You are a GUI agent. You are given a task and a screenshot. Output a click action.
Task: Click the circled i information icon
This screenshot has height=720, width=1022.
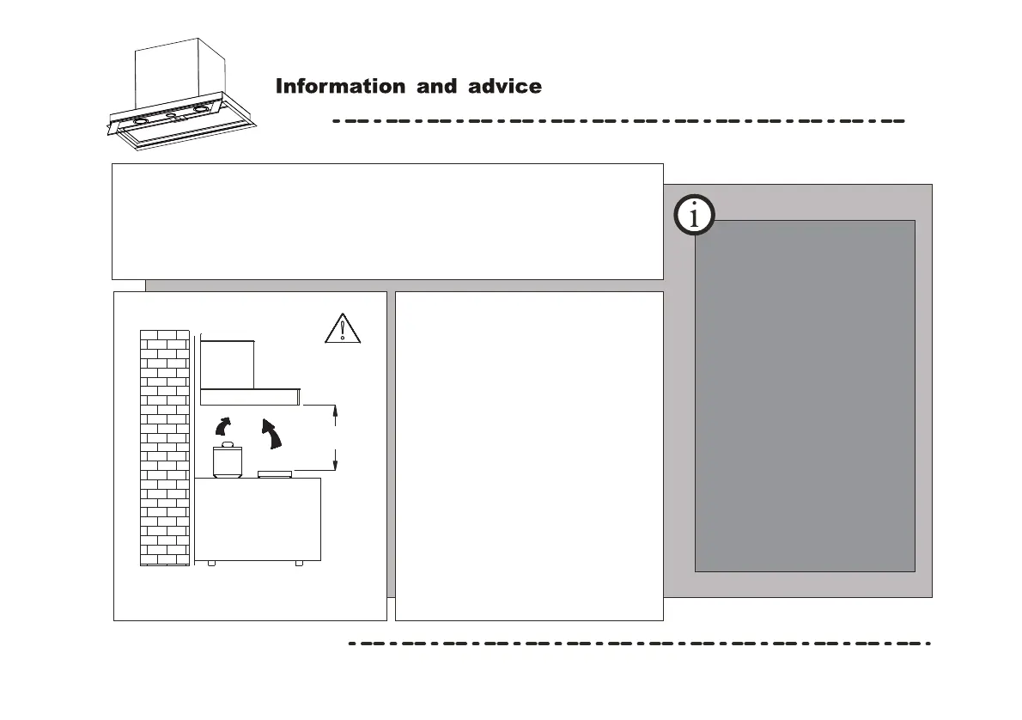[x=694, y=217]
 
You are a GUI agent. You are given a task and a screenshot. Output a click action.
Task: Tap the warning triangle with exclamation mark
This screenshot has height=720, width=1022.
[x=343, y=329]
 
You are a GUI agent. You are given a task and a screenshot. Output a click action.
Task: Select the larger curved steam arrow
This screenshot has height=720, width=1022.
[x=273, y=434]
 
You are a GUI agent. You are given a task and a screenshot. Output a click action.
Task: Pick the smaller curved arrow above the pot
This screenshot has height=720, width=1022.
[x=223, y=426]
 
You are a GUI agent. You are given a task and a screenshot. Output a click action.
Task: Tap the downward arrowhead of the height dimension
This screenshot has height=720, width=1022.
[x=335, y=465]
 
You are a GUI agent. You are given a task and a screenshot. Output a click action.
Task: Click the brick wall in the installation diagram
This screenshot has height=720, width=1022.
[x=164, y=447]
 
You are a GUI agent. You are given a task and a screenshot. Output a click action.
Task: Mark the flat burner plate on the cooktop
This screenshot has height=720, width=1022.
[x=275, y=473]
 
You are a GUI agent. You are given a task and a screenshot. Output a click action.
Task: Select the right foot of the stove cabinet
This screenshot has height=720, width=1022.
[x=298, y=564]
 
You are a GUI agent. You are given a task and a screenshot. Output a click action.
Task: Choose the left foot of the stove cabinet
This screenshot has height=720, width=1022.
[x=210, y=564]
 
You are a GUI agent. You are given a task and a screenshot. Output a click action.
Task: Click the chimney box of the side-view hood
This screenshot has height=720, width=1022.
[x=228, y=363]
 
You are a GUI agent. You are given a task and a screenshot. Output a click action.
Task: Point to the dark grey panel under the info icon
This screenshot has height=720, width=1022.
[x=804, y=395]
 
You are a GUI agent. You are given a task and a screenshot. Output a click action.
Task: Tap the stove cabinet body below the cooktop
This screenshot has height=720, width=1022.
[x=258, y=519]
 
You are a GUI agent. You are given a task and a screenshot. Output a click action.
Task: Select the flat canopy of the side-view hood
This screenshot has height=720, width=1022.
[x=249, y=396]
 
